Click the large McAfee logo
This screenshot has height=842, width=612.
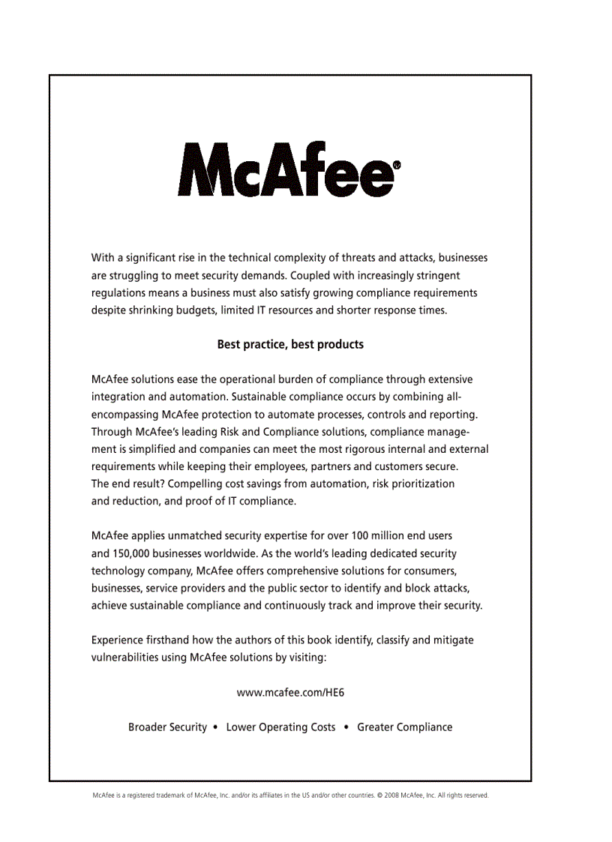(x=285, y=169)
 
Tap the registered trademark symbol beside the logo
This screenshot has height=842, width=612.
(x=396, y=164)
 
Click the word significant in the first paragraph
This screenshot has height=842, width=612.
(x=151, y=258)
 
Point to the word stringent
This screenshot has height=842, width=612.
(x=437, y=275)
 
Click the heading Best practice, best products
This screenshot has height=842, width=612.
(x=290, y=345)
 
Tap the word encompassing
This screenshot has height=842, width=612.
(x=124, y=414)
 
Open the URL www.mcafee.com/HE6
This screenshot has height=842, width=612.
(x=290, y=693)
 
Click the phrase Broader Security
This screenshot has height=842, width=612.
(x=167, y=727)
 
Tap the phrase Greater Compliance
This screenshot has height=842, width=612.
(x=405, y=727)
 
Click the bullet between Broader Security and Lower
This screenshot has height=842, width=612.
(x=216, y=727)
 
